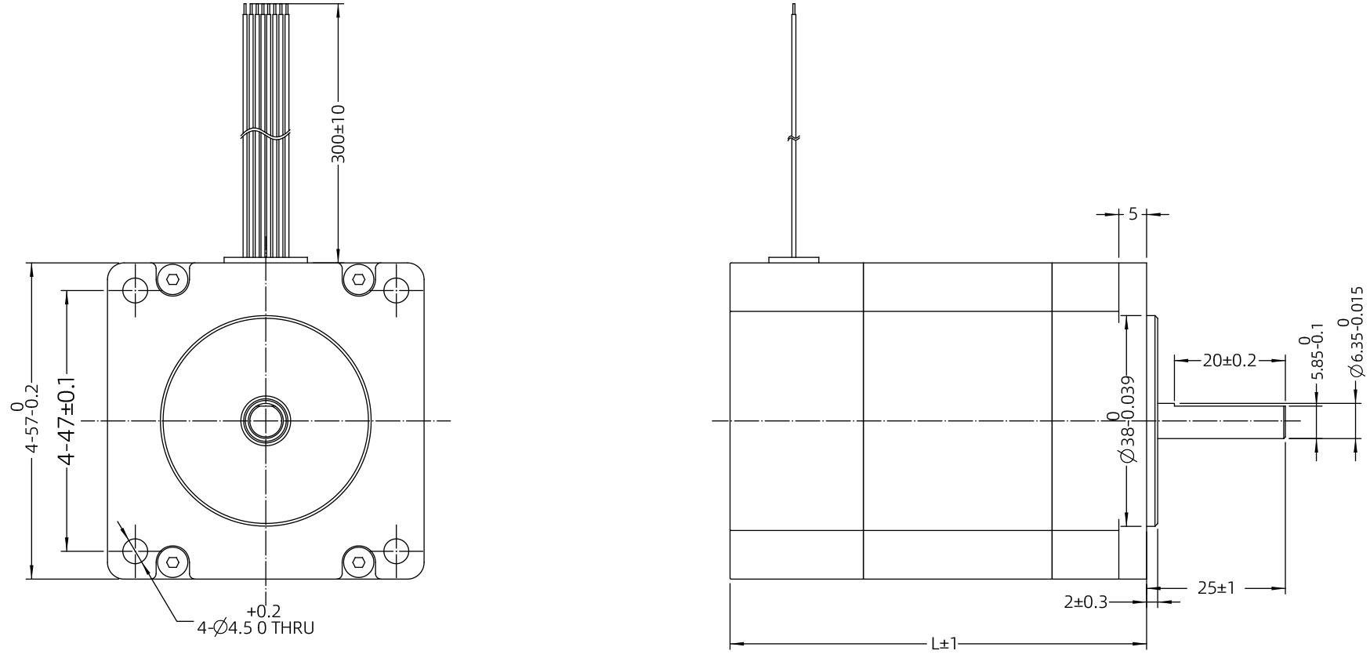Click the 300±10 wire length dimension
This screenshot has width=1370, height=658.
pos(338,133)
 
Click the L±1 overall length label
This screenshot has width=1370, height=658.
pos(944,644)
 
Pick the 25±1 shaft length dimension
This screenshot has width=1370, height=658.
pos(1216,587)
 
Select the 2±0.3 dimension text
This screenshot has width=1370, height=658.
pos(1085,602)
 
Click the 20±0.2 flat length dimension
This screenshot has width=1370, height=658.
pos(1229,361)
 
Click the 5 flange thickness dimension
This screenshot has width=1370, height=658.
pos(1133,213)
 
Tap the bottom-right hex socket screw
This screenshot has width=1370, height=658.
pos(359,562)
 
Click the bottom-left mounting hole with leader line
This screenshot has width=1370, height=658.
pos(135,548)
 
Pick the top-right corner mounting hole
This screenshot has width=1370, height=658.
pos(397,291)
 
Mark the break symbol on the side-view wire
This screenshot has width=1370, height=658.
pos(794,139)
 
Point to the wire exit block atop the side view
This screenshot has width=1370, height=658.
pos(793,260)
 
